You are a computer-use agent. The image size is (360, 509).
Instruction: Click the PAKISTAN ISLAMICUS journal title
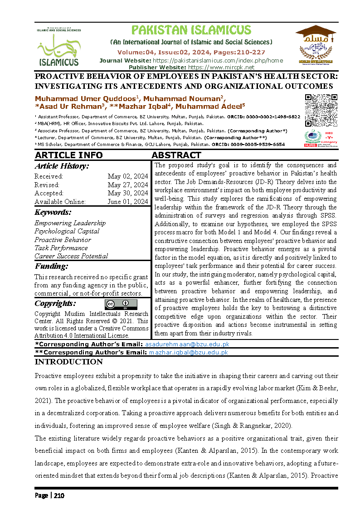(191, 30)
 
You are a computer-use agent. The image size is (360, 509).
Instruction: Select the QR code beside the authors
(321, 110)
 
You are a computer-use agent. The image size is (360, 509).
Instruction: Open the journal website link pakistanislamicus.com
(218, 60)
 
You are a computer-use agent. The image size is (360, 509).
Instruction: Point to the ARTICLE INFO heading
(69, 155)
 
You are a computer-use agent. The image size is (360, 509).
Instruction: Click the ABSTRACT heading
(176, 155)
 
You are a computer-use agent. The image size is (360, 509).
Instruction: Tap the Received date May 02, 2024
(128, 177)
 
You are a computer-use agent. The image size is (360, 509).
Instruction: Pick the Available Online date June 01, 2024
(127, 202)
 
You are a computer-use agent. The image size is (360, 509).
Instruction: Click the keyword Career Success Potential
(71, 256)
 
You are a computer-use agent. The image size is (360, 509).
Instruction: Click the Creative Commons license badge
(121, 304)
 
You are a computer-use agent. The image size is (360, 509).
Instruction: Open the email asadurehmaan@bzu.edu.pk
(186, 345)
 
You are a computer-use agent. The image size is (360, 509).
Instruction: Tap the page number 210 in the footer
(59, 495)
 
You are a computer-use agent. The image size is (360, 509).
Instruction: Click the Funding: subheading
(51, 266)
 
